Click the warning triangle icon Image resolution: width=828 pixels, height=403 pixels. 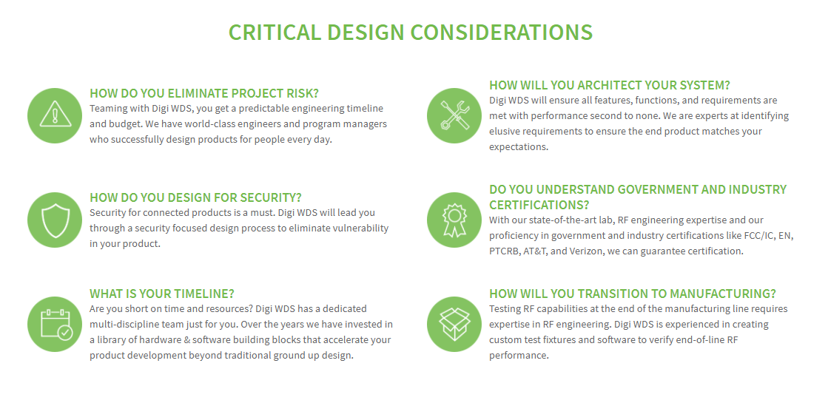pos(55,115)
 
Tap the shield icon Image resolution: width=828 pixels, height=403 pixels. pos(55,220)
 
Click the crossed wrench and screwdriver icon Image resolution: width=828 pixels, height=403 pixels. pos(454,115)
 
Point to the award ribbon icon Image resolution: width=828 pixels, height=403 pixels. pos(454,220)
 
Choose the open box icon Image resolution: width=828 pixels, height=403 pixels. pos(454,324)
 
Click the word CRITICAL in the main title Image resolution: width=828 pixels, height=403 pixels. pos(275,33)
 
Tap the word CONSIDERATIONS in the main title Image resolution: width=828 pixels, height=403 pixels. pos(502,33)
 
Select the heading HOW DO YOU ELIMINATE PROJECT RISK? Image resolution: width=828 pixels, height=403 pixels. pos(204,93)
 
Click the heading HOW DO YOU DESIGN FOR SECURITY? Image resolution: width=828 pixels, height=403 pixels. pos(195,198)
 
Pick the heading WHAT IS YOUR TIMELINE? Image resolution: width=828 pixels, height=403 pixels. pos(161,294)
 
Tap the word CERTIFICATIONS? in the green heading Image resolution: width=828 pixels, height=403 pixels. pos(539,205)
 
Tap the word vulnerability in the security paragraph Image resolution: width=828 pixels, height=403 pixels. pos(358,228)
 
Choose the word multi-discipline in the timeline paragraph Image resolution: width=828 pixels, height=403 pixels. pos(124,325)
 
